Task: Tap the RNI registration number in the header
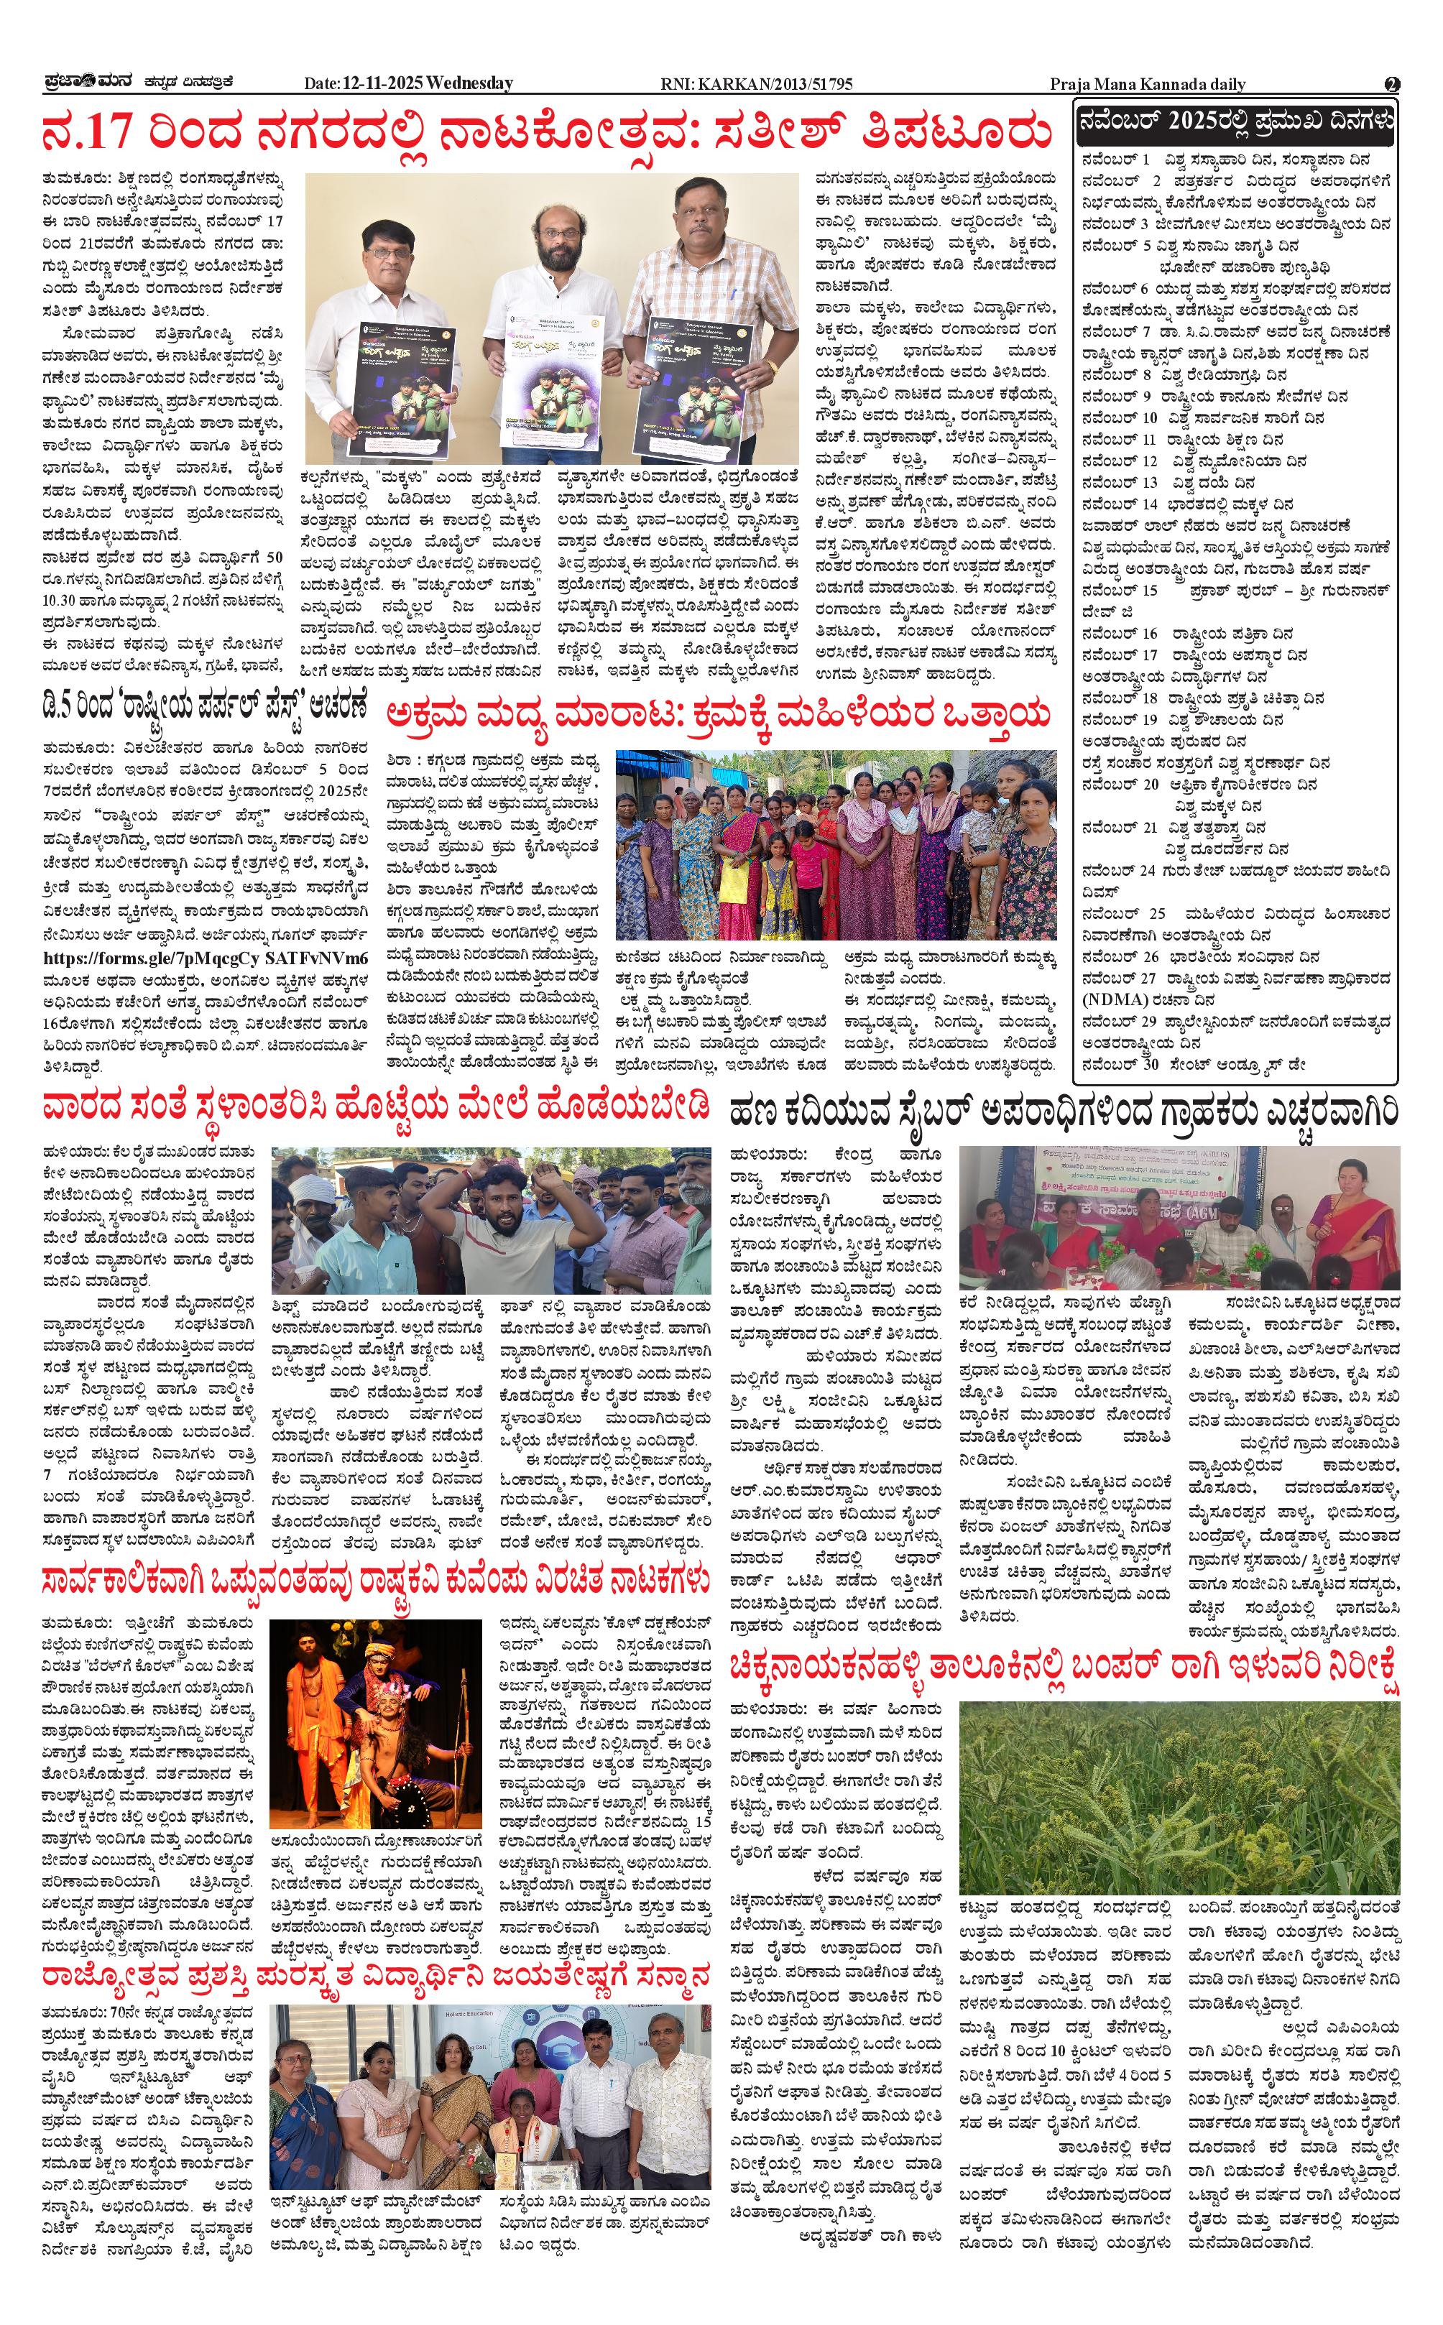pos(756,84)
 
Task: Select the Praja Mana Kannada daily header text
pos(1147,84)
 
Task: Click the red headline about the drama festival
pos(546,131)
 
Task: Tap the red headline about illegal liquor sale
pos(718,713)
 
